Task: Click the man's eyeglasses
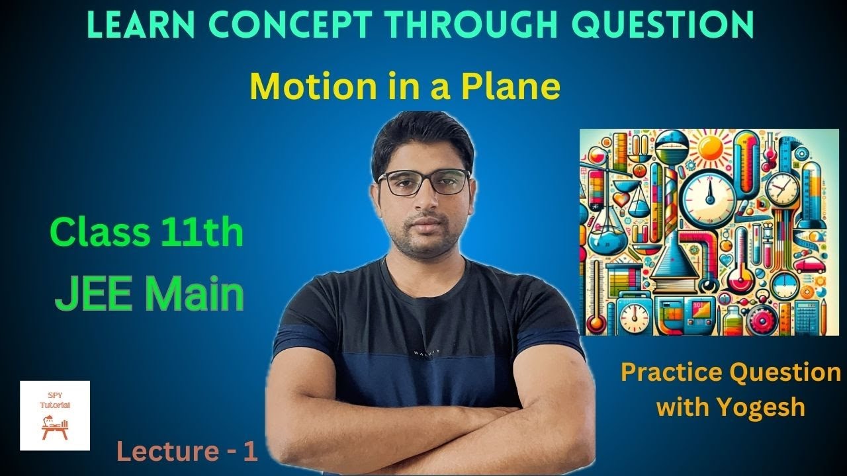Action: pyautogui.click(x=424, y=182)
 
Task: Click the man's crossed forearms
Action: pyautogui.click(x=423, y=430)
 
